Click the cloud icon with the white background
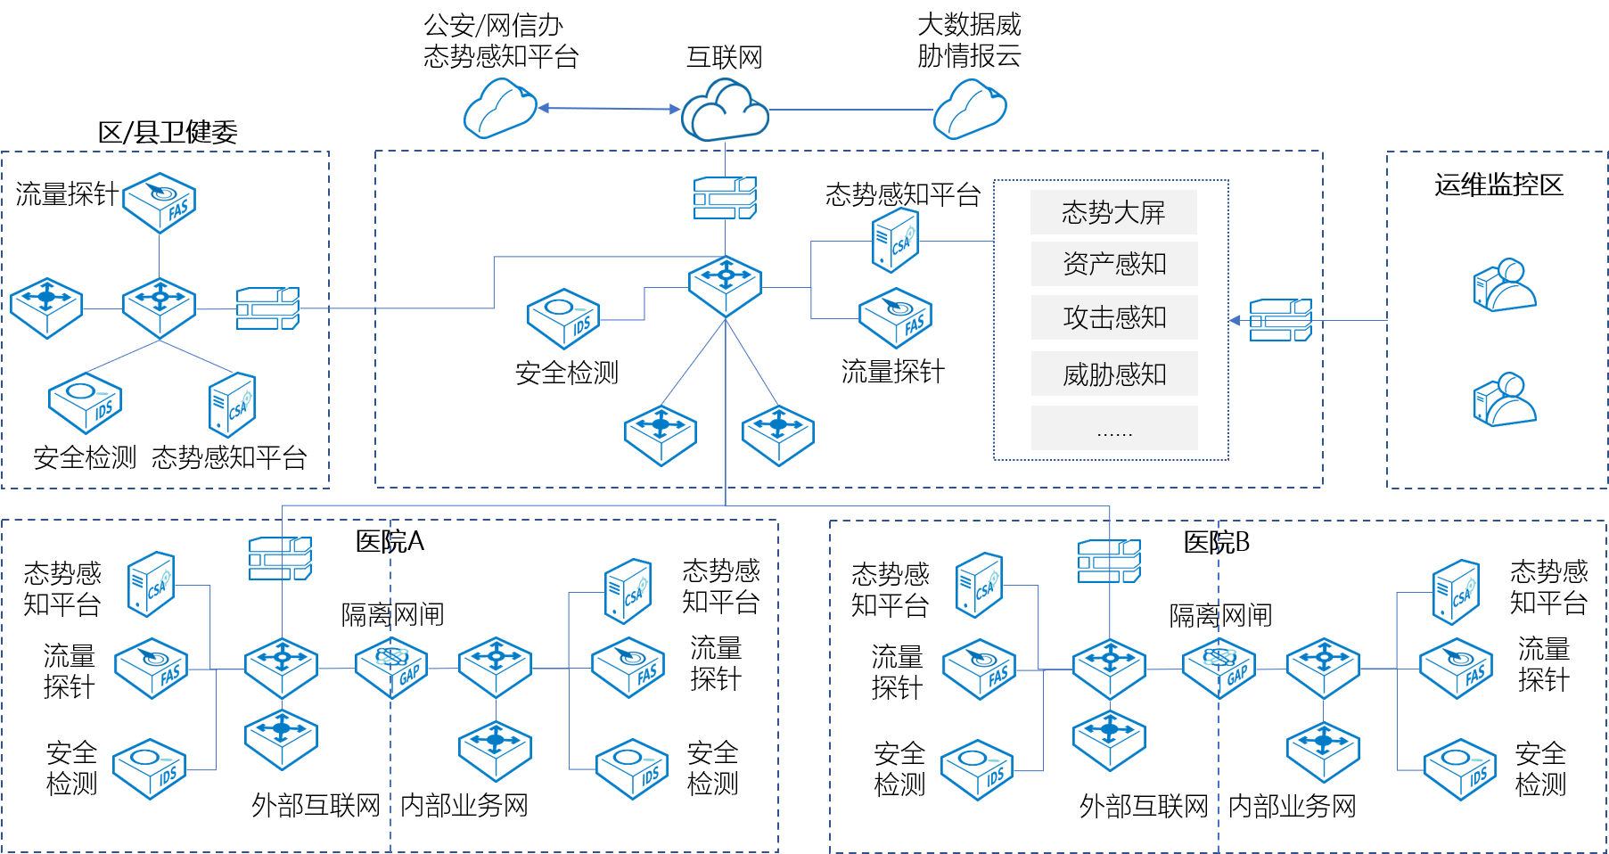(x=725, y=110)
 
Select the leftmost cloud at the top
(x=499, y=109)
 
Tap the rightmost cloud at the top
(x=970, y=109)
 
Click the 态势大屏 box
(x=1113, y=212)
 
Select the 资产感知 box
(x=1114, y=264)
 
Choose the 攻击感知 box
(x=1114, y=317)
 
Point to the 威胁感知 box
(x=1114, y=374)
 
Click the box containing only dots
(x=1114, y=428)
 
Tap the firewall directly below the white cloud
(x=725, y=198)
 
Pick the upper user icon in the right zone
(x=1505, y=285)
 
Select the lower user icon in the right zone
(x=1505, y=399)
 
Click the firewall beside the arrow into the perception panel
(x=1280, y=320)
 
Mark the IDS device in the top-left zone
(x=85, y=403)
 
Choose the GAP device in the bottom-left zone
(x=391, y=667)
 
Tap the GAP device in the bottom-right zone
(x=1219, y=668)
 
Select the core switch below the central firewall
(x=725, y=285)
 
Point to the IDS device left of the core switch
(x=563, y=318)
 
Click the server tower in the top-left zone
(x=232, y=405)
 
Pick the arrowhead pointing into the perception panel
(x=1235, y=320)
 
